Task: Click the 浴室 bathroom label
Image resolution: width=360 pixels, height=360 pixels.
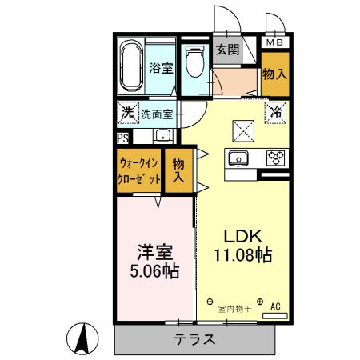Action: click(x=162, y=68)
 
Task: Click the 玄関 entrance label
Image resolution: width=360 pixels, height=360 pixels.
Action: click(x=227, y=50)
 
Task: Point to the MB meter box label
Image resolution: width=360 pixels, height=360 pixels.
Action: click(x=274, y=42)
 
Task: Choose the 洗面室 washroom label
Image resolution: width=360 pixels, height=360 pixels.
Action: click(x=157, y=114)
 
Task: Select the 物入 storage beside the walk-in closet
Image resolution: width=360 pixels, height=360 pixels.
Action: click(x=178, y=170)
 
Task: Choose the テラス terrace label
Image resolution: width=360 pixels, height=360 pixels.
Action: click(x=194, y=338)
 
